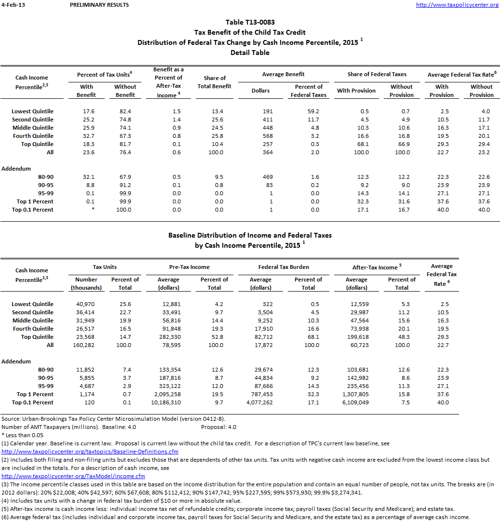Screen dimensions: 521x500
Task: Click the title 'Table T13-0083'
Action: tap(250, 22)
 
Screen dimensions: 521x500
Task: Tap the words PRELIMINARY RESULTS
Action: tap(99, 5)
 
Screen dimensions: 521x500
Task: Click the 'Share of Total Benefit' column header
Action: tap(215, 82)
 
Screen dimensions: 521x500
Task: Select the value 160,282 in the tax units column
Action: tap(86, 345)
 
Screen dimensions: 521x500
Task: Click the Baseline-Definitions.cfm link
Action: tap(90, 452)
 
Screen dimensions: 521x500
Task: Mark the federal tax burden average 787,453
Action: tap(261, 394)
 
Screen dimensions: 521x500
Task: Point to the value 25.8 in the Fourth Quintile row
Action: tap(215, 136)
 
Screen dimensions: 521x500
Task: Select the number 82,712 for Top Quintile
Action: tap(261, 337)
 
